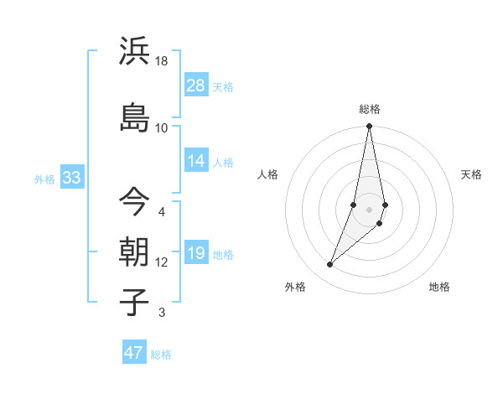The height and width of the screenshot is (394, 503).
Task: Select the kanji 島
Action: [134, 117]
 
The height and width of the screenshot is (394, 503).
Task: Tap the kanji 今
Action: [134, 201]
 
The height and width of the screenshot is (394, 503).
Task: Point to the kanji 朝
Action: [134, 251]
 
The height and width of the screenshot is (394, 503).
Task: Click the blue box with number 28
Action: [196, 86]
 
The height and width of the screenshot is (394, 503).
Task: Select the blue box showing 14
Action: [196, 161]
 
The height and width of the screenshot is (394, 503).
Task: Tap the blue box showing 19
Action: [196, 253]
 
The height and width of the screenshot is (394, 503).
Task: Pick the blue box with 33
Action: [71, 178]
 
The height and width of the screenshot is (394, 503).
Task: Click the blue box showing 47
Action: [134, 353]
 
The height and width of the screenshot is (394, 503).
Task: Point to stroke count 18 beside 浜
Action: [162, 61]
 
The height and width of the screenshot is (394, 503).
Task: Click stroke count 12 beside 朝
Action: [162, 262]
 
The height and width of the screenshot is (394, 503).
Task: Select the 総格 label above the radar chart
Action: [369, 109]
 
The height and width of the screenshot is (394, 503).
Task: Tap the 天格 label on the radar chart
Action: [472, 174]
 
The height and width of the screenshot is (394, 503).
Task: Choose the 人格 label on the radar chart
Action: [268, 174]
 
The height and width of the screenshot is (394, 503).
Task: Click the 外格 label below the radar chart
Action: [295, 287]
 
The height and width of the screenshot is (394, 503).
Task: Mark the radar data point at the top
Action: [369, 127]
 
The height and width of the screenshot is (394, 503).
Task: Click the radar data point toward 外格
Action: [329, 265]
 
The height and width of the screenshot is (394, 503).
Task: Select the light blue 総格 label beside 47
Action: [162, 355]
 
